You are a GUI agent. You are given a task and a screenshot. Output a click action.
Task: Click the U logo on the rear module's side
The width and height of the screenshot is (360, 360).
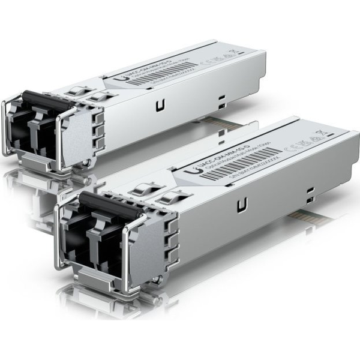(x=160, y=106)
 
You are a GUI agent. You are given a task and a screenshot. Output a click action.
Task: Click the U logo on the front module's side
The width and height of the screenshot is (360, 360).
(x=242, y=205)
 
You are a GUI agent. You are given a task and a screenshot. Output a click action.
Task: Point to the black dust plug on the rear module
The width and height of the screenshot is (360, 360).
(x=47, y=102)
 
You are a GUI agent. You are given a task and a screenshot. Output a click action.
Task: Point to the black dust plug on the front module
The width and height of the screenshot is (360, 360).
(x=108, y=204)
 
